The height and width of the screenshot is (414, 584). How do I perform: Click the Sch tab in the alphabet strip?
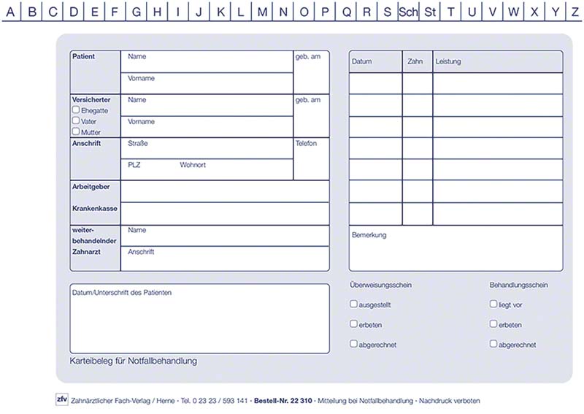(409, 12)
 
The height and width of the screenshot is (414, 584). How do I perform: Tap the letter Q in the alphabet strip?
(347, 12)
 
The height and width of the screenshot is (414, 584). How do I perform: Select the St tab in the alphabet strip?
(431, 12)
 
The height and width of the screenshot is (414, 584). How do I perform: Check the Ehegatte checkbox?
(76, 110)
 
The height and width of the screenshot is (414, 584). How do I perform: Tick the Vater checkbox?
(76, 120)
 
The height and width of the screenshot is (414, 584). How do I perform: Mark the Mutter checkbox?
(76, 131)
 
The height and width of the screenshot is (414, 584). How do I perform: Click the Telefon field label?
(307, 144)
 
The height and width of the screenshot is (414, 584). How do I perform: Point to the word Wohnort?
(193, 165)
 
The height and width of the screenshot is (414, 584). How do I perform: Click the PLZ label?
(134, 165)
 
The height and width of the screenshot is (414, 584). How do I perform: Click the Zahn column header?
(415, 62)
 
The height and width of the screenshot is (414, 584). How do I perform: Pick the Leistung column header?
(448, 62)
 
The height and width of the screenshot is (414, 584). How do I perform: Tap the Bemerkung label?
(369, 235)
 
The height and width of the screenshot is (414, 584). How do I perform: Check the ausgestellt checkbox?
(354, 304)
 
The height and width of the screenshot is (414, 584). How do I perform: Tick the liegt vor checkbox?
(493, 304)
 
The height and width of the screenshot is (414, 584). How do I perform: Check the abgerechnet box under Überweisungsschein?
(354, 344)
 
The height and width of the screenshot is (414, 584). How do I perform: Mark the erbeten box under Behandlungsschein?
(493, 324)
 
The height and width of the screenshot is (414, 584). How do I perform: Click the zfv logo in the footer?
(61, 399)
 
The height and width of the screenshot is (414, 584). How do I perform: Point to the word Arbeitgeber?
(91, 188)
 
